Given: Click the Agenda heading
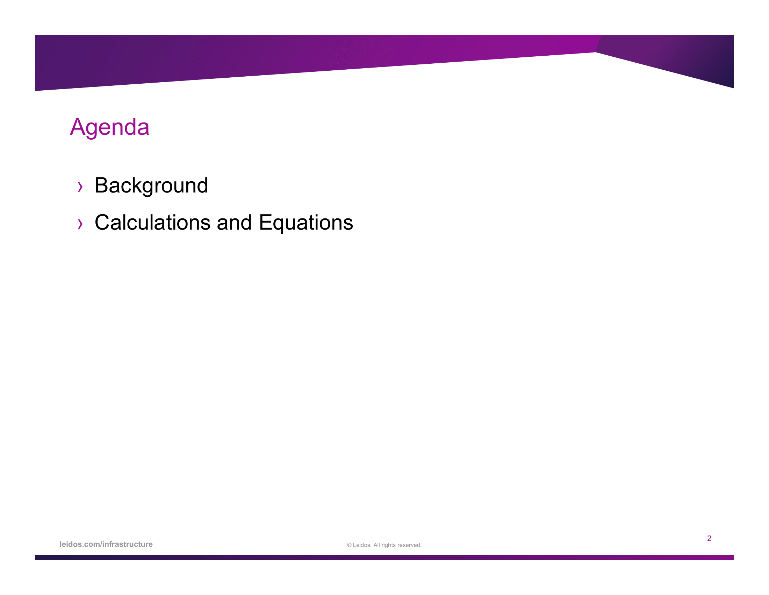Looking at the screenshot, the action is [x=109, y=128].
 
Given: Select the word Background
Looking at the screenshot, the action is [x=151, y=186].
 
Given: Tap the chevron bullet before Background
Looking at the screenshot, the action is [x=80, y=187].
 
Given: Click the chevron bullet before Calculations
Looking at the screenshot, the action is [x=80, y=224].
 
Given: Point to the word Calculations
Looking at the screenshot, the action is [x=153, y=222].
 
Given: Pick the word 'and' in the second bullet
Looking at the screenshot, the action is [x=234, y=222].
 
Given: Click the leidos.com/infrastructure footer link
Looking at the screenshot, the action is [x=106, y=544].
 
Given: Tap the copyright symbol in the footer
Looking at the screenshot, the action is [x=349, y=545].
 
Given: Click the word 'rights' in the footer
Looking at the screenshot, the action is [x=389, y=545].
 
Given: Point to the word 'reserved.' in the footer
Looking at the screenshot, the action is [x=410, y=545].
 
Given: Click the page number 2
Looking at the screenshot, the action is [x=709, y=538].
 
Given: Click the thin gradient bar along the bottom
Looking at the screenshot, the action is [x=384, y=558].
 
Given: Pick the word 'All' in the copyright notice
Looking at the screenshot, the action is [x=376, y=545].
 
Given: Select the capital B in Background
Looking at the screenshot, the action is [x=101, y=185].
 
